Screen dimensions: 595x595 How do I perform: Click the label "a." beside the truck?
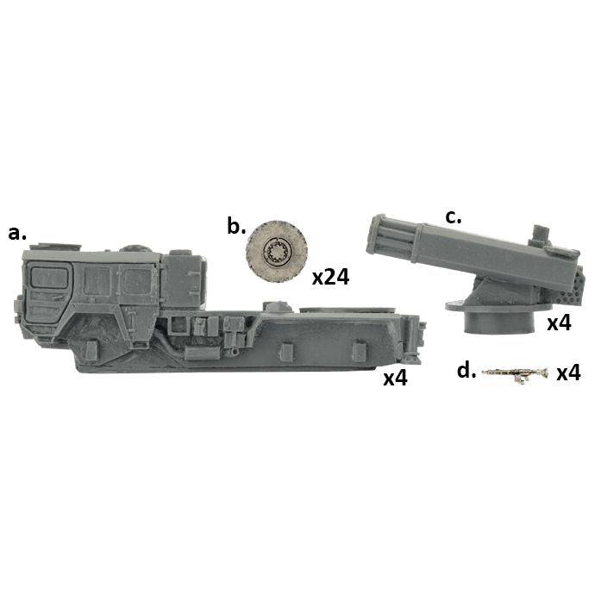(x=17, y=234)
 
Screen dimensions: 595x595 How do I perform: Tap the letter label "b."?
(x=236, y=226)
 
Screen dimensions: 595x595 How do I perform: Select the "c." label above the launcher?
(x=453, y=217)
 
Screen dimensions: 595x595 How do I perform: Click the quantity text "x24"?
(x=330, y=278)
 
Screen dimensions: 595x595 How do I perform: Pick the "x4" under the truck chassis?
(x=395, y=378)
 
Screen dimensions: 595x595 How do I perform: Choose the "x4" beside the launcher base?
(x=559, y=323)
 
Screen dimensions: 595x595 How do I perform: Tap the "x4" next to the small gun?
(x=568, y=373)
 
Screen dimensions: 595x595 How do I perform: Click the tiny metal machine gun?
(x=515, y=373)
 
